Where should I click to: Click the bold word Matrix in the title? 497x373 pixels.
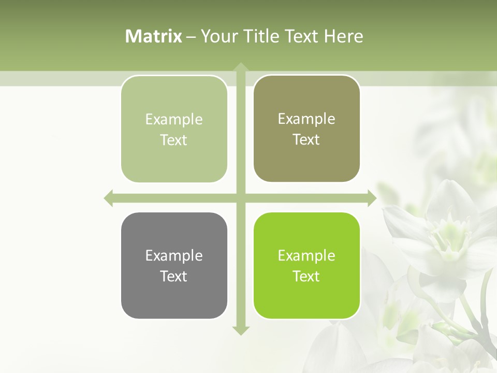tap(154, 36)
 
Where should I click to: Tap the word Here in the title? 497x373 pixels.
tap(343, 36)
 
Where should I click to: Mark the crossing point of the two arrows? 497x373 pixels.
tap(240, 198)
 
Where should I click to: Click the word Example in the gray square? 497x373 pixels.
tap(174, 255)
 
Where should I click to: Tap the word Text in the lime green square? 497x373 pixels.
tap(306, 276)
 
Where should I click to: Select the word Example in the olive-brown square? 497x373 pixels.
tap(306, 119)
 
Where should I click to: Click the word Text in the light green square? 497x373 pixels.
tap(174, 140)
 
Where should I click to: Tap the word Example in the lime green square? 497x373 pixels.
tap(306, 255)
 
